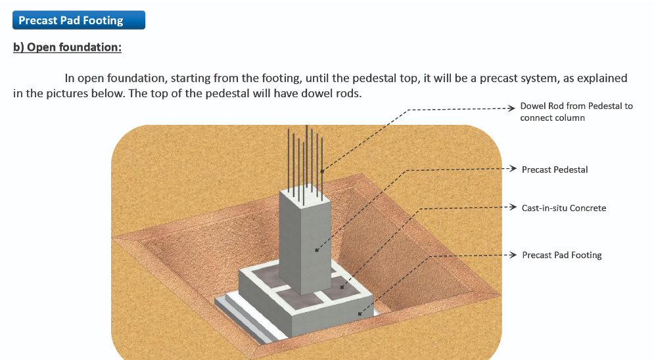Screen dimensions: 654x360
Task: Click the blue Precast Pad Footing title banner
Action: [79, 20]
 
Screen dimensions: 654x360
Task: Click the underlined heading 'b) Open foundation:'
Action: [67, 47]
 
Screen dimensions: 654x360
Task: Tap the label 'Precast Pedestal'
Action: [555, 169]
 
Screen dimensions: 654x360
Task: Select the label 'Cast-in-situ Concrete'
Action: [564, 208]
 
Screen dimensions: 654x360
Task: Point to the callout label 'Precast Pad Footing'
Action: [562, 255]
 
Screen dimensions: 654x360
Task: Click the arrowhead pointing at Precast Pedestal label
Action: [513, 168]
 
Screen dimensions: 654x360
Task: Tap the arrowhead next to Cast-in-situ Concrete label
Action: [513, 207]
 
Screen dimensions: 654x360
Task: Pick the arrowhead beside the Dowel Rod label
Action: [511, 108]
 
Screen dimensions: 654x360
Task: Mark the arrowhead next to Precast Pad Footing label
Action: [513, 255]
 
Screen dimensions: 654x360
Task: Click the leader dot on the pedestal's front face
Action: [317, 250]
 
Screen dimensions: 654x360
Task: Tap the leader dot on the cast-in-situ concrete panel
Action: [342, 286]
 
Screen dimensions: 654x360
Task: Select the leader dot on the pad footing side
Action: [360, 314]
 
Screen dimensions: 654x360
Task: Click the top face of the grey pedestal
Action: [305, 195]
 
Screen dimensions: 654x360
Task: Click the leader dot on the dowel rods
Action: [322, 171]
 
